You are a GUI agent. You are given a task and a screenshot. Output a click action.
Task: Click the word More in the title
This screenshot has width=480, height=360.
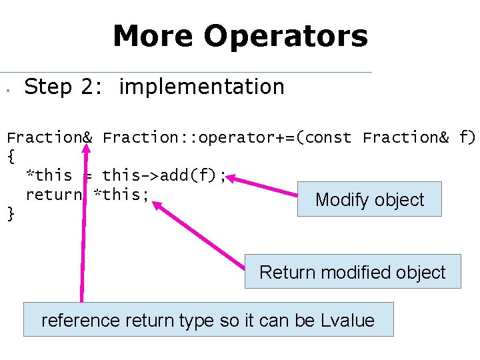[x=153, y=36]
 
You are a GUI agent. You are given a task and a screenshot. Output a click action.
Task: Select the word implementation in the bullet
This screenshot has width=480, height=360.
[x=201, y=87]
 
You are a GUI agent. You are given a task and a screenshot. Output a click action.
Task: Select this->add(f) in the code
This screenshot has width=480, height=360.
[x=160, y=175]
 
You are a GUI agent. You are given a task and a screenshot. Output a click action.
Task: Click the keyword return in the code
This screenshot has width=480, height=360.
[x=54, y=195]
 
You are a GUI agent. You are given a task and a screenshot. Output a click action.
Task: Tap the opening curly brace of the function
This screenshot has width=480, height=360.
[x=10, y=157]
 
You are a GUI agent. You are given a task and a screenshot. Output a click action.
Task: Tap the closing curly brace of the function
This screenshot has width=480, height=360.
[x=10, y=213]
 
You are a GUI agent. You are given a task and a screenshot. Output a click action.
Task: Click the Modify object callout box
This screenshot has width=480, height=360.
[x=369, y=199]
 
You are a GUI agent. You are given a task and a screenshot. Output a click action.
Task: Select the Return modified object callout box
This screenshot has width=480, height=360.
[x=352, y=272]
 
